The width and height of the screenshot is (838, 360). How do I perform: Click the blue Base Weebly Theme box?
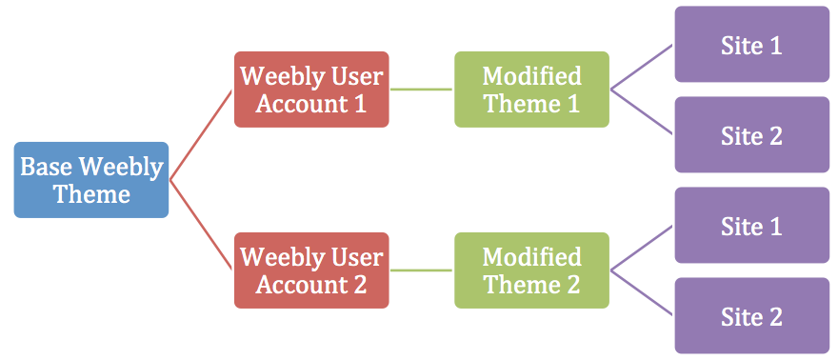pyautogui.click(x=91, y=180)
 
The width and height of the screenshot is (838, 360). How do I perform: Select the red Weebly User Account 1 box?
pyautogui.click(x=311, y=90)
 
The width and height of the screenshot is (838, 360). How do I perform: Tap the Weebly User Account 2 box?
pyautogui.click(x=311, y=270)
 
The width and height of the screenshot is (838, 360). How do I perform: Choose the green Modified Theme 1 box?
pyautogui.click(x=531, y=90)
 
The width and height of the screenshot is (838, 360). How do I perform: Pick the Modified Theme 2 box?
pyautogui.click(x=531, y=270)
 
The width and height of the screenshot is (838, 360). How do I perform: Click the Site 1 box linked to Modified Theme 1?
pyautogui.click(x=751, y=45)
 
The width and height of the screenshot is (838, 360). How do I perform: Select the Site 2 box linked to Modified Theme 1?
pyautogui.click(x=751, y=134)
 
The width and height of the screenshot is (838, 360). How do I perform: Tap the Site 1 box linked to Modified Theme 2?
pyautogui.click(x=751, y=226)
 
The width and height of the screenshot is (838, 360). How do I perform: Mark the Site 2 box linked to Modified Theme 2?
pyautogui.click(x=751, y=315)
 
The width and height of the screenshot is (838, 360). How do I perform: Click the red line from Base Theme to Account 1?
pyautogui.click(x=201, y=135)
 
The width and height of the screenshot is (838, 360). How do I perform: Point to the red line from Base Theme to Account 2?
pyautogui.click(x=201, y=226)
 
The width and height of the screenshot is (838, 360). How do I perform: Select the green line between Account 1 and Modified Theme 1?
pyautogui.click(x=421, y=90)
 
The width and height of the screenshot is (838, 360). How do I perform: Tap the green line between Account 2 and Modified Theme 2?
pyautogui.click(x=421, y=270)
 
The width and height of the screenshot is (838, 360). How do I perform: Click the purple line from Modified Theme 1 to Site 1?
pyautogui.click(x=642, y=68)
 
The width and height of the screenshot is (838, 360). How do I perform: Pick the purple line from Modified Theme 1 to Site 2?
pyautogui.click(x=642, y=112)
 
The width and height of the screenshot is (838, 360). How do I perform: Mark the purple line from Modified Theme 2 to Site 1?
pyautogui.click(x=642, y=249)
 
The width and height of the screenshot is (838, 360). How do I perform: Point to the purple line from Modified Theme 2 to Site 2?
pyautogui.click(x=642, y=293)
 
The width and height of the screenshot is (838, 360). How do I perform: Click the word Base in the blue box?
pyautogui.click(x=47, y=168)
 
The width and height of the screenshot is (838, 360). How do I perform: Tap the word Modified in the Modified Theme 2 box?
pyautogui.click(x=531, y=257)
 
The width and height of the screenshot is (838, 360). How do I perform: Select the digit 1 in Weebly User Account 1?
pyautogui.click(x=359, y=104)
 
